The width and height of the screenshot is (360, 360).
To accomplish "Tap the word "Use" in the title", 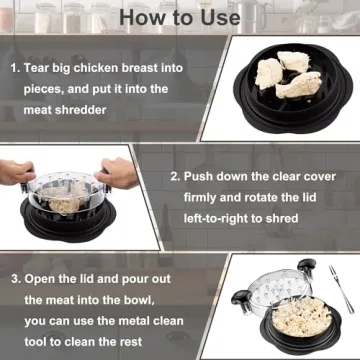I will pos(215,17).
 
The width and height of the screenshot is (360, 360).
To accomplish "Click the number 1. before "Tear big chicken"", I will pos(16,71).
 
